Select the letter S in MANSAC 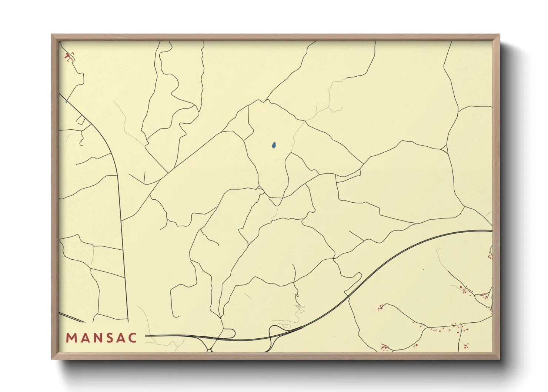click(110, 338)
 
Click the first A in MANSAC click(85, 338)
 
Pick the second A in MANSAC click(122, 338)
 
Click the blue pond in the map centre click(273, 146)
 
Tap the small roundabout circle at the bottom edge click(209, 351)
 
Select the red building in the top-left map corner click(67, 57)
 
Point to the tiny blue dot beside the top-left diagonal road click(66, 101)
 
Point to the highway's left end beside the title click(146, 336)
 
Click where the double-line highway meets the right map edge click(492, 231)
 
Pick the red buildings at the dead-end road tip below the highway click(380, 307)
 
